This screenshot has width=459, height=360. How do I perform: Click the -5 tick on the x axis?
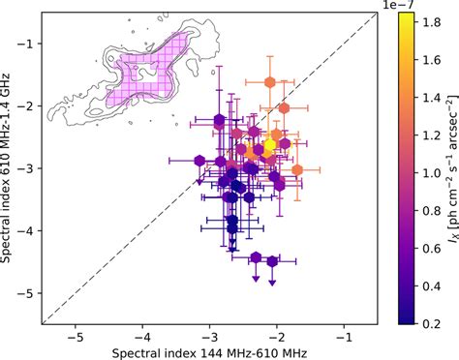(x=75, y=326)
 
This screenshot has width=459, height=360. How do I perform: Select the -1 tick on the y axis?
(x=42, y=45)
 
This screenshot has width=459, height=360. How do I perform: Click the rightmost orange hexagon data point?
(x=297, y=169)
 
